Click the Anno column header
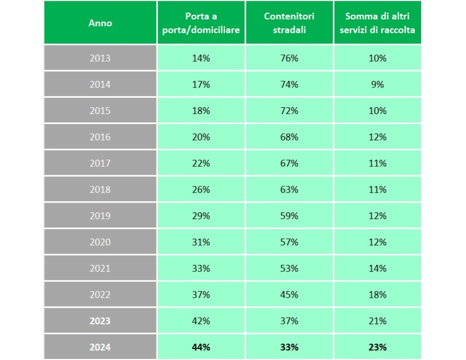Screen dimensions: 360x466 (x=100, y=23)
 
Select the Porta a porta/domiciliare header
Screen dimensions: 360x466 (x=201, y=23)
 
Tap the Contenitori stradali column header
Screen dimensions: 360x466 (x=289, y=23)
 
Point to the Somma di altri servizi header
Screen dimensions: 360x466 (x=377, y=23)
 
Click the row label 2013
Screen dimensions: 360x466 (x=100, y=58)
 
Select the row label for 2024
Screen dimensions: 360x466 (x=100, y=347)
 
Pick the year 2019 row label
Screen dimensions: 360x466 (x=100, y=216)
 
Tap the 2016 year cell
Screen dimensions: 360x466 (x=100, y=137)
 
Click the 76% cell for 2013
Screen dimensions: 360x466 (x=289, y=58)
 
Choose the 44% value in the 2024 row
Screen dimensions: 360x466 (x=201, y=347)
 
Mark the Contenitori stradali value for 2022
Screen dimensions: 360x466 (x=289, y=295)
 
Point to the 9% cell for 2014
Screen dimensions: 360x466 (x=377, y=84)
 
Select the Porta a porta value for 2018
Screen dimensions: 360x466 (x=201, y=190)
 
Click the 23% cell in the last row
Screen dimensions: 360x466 (x=377, y=347)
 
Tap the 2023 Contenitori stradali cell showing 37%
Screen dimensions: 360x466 (x=289, y=321)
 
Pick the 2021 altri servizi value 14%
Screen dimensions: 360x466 (x=377, y=268)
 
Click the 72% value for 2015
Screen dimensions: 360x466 (x=289, y=111)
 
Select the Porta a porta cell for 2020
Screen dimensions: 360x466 (x=201, y=242)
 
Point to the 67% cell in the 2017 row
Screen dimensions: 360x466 (x=289, y=164)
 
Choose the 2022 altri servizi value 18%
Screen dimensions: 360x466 (x=377, y=295)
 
